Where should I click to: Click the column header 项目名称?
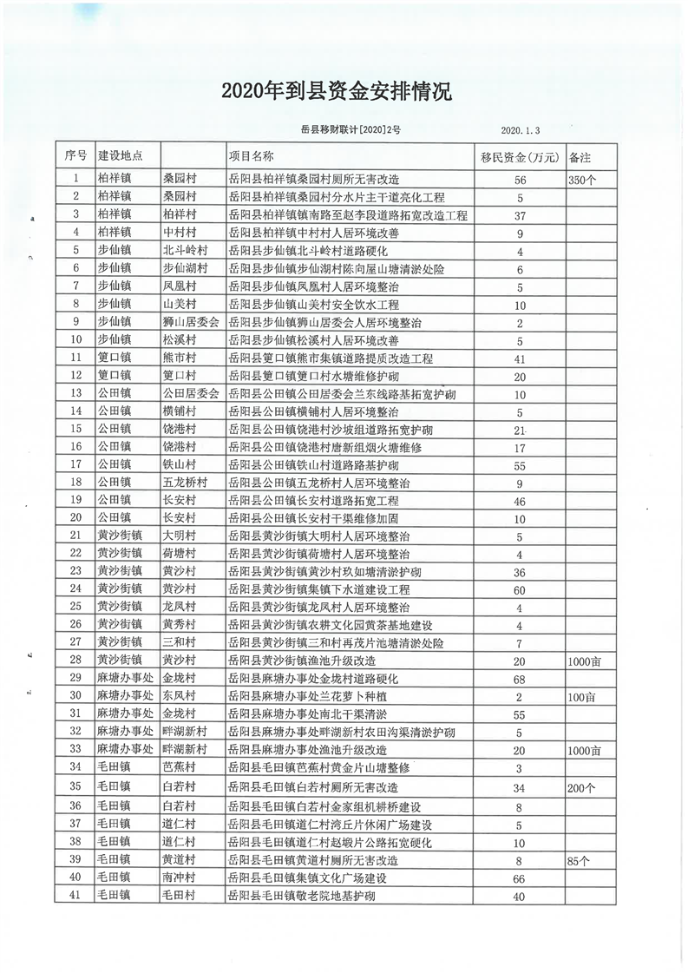coord(252,156)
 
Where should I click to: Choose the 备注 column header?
coord(580,157)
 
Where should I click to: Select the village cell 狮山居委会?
coord(190,322)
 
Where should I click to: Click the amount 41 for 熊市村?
coord(521,358)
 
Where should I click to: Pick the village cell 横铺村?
coord(180,411)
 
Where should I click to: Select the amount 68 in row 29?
coord(521,678)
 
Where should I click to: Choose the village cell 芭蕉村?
coord(180,767)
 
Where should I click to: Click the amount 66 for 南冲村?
coord(521,879)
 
